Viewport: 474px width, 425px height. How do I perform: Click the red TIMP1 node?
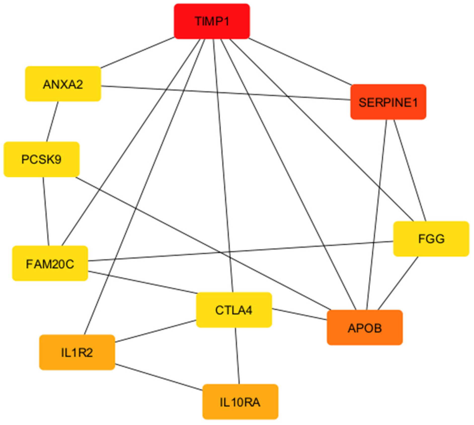[212, 21]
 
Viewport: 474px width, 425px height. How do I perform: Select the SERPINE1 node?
[388, 102]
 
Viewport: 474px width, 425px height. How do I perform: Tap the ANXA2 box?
[63, 84]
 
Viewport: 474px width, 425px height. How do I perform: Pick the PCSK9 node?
[42, 159]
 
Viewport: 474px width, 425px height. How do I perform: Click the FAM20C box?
[50, 263]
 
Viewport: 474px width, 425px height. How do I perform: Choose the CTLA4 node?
[234, 310]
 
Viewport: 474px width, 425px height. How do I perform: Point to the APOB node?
[365, 327]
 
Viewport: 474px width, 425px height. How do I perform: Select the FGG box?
[431, 239]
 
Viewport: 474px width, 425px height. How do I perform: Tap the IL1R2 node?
[77, 352]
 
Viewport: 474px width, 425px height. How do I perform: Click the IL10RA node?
[240, 402]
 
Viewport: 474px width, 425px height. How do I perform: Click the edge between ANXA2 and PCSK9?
[52, 122]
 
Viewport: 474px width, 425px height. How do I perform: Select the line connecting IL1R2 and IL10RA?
[159, 377]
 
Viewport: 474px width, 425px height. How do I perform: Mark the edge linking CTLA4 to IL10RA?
[237, 356]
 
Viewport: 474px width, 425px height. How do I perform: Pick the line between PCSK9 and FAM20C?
[46, 211]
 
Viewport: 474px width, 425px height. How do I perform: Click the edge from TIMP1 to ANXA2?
[137, 53]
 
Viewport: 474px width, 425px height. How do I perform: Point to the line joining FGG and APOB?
[398, 283]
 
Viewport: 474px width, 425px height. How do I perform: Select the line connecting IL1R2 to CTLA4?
[155, 331]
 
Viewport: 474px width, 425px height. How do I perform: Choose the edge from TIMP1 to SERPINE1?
[300, 62]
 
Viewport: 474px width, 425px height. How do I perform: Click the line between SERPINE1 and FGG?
[410, 170]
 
